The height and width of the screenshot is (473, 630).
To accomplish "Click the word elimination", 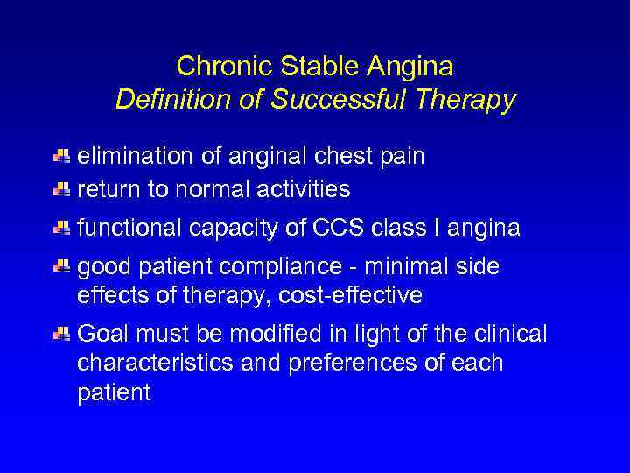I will [x=135, y=157].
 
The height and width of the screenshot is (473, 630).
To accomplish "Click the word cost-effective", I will [x=350, y=296].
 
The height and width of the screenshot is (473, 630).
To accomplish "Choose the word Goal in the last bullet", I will [x=101, y=334].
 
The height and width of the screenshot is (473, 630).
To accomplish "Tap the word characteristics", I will [x=160, y=363].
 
